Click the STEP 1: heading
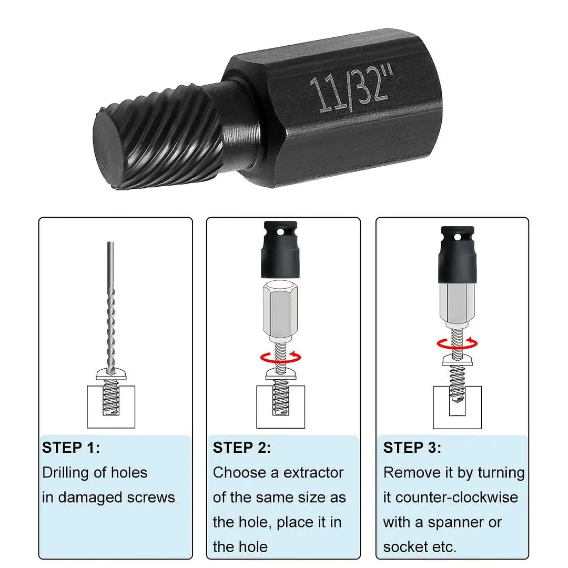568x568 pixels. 71,448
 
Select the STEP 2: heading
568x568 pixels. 242,448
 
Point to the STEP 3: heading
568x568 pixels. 412,448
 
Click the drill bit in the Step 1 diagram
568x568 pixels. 110,305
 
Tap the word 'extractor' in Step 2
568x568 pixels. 313,472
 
